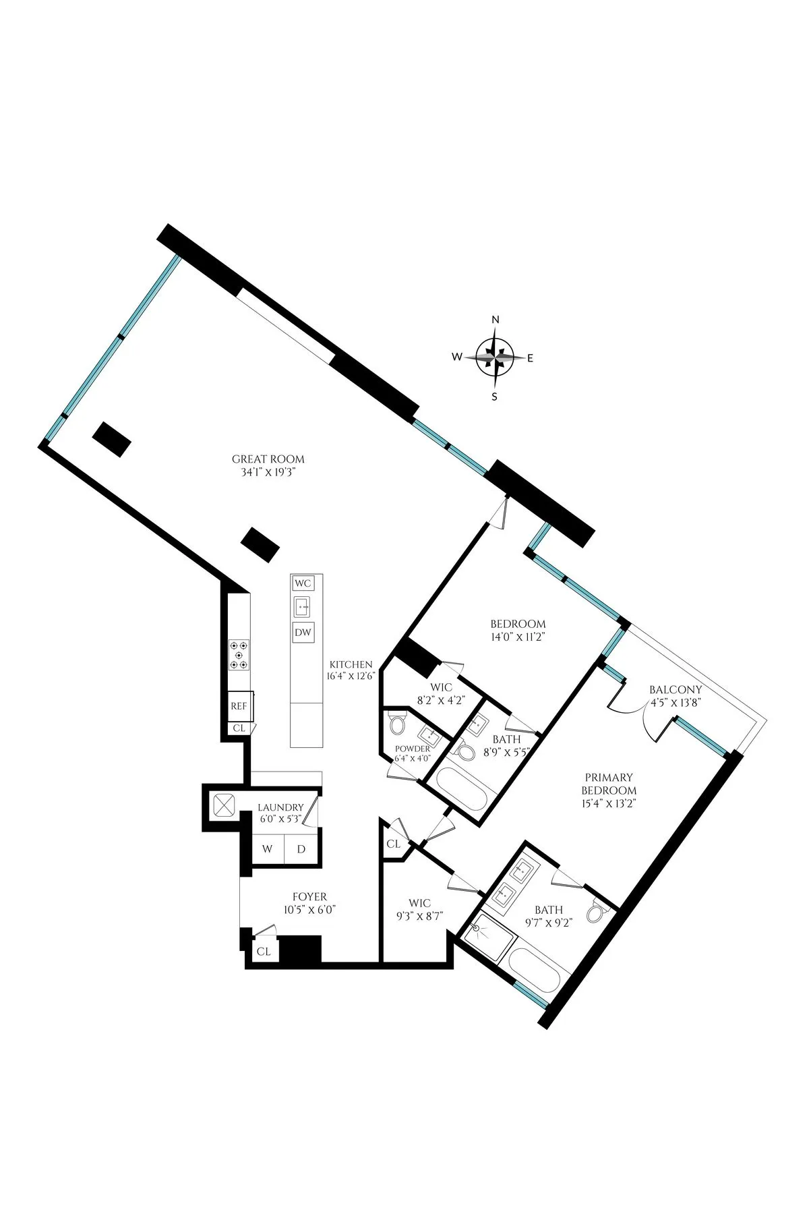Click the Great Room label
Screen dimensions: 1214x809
pyautogui.click(x=264, y=459)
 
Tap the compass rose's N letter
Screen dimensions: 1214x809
pyautogui.click(x=496, y=320)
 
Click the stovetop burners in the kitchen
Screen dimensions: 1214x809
pyautogui.click(x=239, y=654)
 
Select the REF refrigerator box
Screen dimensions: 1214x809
pyautogui.click(x=239, y=707)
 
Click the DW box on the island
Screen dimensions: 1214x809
pyautogui.click(x=303, y=633)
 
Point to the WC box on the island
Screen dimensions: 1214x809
pyautogui.click(x=303, y=583)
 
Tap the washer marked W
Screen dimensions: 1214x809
pyautogui.click(x=268, y=848)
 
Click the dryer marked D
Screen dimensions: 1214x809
pyautogui.click(x=301, y=848)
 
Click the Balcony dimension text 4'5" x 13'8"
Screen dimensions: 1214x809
pyautogui.click(x=676, y=702)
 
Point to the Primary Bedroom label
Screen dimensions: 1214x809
pyautogui.click(x=609, y=784)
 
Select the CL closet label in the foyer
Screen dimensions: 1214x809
pyautogui.click(x=264, y=952)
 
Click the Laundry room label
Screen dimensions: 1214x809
pyautogui.click(x=280, y=807)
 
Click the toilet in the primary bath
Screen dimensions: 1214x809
pyautogui.click(x=595, y=912)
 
